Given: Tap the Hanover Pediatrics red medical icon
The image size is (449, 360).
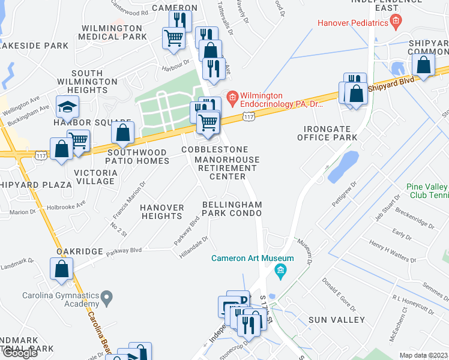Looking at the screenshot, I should [x=395, y=23].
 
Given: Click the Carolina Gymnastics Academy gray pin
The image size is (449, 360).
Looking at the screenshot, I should [x=107, y=296].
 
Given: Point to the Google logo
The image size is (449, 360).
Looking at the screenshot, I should [x=19, y=353].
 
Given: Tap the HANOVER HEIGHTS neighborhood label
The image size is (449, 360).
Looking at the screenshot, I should [x=162, y=212].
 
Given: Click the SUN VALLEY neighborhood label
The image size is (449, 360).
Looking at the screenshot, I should [x=336, y=320].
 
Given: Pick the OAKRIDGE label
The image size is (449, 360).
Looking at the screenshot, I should [x=80, y=251].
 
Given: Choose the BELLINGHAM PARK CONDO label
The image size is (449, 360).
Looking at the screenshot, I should [x=232, y=209].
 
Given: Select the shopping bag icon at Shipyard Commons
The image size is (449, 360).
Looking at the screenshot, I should [x=424, y=67].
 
